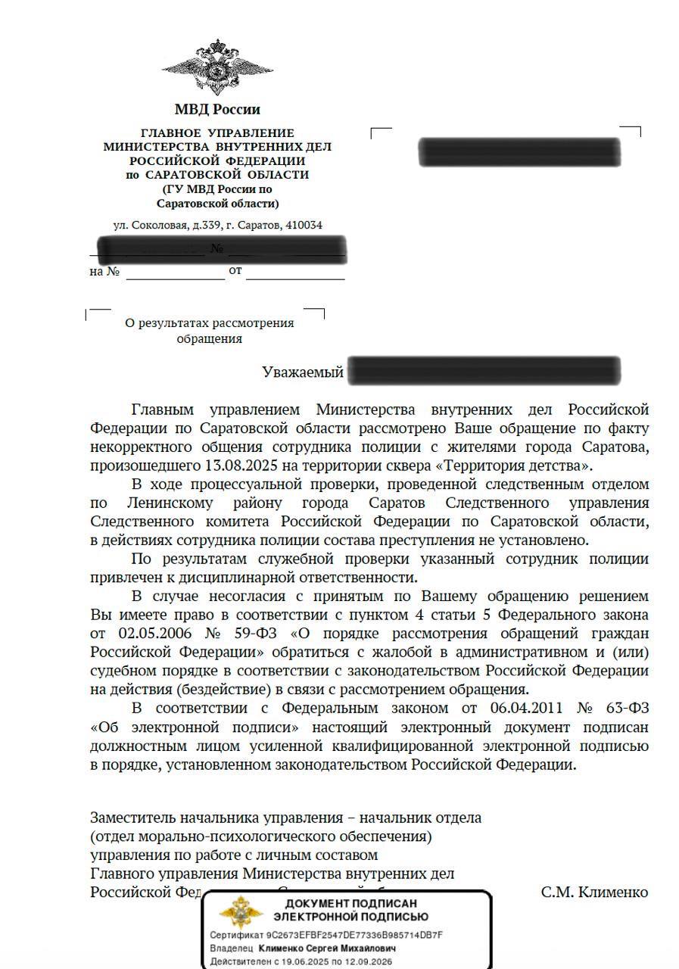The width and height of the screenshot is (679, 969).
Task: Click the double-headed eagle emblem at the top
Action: coord(217,67)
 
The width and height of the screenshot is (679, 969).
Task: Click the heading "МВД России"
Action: coord(217,110)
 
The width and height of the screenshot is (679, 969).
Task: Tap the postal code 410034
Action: coord(305,226)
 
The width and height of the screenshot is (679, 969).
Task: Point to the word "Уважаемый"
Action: coord(303,372)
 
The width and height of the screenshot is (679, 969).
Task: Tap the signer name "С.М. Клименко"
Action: coord(594,892)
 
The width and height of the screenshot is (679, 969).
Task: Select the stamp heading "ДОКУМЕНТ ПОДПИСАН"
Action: coord(350,903)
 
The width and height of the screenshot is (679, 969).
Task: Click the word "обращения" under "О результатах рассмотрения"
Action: coord(210,339)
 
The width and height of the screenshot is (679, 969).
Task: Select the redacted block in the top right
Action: coord(519,152)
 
